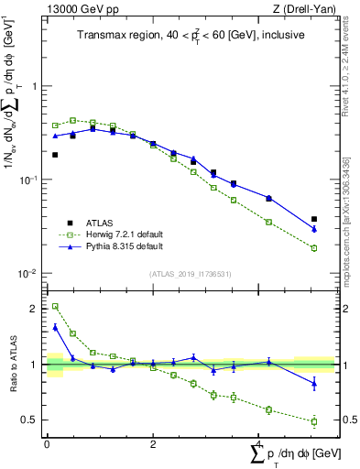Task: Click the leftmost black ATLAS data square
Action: [55, 155]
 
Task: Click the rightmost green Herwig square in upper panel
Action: [314, 248]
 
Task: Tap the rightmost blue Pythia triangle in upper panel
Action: [314, 228]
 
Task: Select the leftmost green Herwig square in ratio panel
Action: [55, 307]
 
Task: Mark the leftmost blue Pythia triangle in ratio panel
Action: [55, 327]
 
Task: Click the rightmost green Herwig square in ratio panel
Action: [314, 421]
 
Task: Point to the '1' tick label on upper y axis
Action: [36, 86]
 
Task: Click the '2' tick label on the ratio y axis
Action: [36, 309]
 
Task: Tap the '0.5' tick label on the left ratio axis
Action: [32, 420]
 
